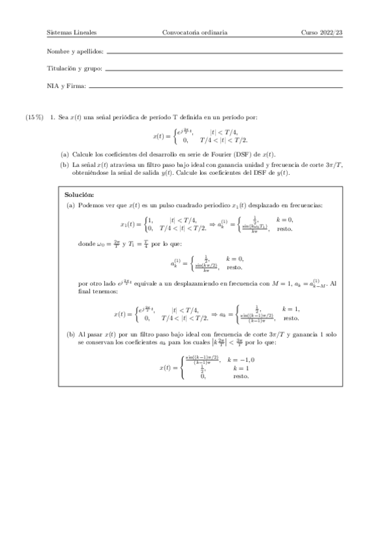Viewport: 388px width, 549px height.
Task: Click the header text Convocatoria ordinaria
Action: [x=194, y=33]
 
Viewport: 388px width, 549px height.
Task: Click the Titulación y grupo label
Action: [x=74, y=68]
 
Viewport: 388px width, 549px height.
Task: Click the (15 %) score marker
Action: [x=34, y=118]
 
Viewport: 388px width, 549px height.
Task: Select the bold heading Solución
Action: [x=80, y=177]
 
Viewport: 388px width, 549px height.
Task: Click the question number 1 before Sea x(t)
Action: [x=51, y=118]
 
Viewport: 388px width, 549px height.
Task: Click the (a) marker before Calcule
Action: [x=64, y=154]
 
